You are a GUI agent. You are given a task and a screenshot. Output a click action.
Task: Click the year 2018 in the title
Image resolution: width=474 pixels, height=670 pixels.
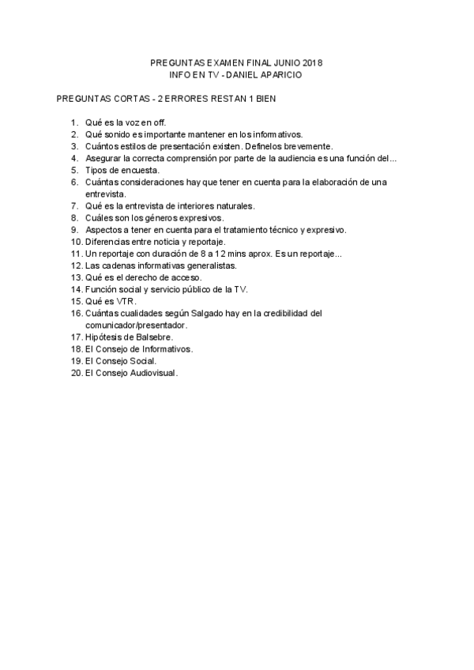314,62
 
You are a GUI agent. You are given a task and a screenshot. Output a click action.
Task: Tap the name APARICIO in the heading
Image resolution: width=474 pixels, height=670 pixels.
280,73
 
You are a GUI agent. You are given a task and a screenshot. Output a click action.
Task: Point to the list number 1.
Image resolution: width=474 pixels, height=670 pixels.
74,122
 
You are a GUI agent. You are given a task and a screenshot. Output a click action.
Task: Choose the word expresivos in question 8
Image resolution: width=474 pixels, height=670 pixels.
200,217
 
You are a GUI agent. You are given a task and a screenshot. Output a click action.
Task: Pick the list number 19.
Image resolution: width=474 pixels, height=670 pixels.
76,360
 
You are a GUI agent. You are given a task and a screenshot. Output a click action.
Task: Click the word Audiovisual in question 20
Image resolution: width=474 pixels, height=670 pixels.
150,372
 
